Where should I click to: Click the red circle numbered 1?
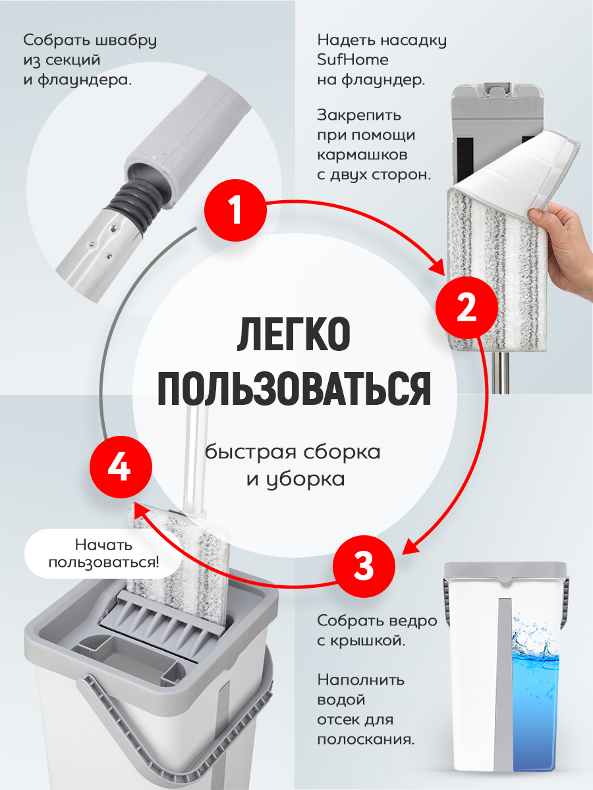coord(235,210)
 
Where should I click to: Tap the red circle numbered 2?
coord(466,307)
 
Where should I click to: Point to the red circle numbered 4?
coord(121,467)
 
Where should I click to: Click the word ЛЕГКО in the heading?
coord(293,334)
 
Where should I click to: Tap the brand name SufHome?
coord(353,60)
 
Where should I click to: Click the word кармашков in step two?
coord(362,155)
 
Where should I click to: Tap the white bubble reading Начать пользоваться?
coord(103,554)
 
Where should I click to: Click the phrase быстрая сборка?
coord(293,452)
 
